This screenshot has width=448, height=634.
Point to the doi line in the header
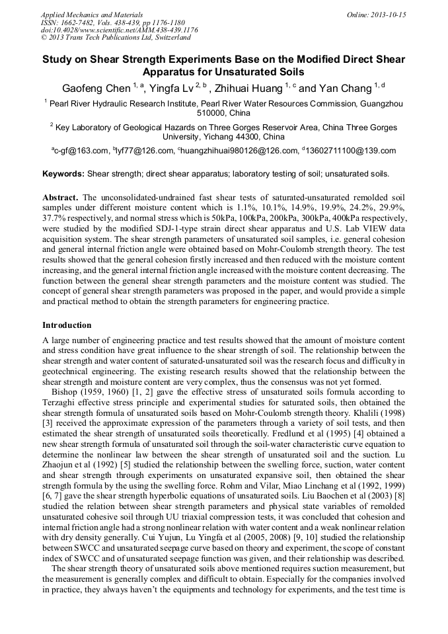click(x=119, y=30)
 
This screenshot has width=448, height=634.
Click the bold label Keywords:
click(x=63, y=175)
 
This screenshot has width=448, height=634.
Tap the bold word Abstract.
click(x=60, y=198)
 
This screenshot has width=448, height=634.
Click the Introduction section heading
click(x=67, y=325)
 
